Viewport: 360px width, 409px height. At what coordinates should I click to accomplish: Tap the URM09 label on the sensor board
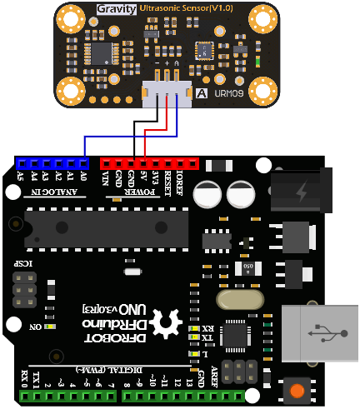point(226,92)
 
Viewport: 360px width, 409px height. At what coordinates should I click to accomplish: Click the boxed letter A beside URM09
point(201,92)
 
